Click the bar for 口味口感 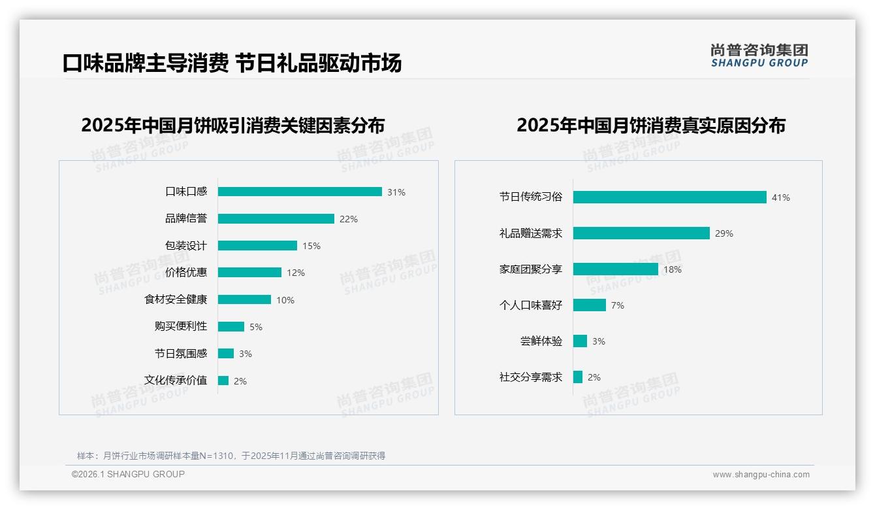[300, 192]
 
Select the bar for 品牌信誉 [276, 219]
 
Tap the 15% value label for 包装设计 [311, 246]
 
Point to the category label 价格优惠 [186, 273]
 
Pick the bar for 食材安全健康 [244, 299]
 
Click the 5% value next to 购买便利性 [256, 327]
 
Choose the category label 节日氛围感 [181, 354]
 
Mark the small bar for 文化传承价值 [223, 381]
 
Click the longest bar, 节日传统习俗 [669, 197]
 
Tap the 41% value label [781, 197]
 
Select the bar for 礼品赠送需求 [641, 233]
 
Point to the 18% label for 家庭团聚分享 [673, 269]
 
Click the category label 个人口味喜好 [531, 305]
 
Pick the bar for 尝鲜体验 [580, 341]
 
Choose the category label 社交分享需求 [531, 377]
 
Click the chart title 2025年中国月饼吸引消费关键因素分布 [233, 125]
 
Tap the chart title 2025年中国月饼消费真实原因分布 [650, 125]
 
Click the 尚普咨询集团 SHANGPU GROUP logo [759, 56]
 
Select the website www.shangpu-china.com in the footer [761, 475]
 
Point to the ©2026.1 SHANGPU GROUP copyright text [128, 474]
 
